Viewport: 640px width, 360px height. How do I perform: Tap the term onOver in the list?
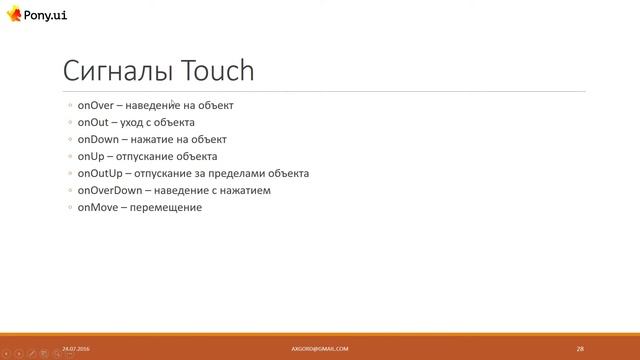(x=95, y=104)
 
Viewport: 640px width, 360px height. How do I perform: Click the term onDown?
(x=97, y=139)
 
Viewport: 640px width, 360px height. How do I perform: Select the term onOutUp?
(x=99, y=173)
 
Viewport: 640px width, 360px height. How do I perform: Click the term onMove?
(x=98, y=207)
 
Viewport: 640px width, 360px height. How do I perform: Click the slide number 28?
(x=580, y=348)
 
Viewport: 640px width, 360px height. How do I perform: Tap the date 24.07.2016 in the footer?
(x=75, y=348)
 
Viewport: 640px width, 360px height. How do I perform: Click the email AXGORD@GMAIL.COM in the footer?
(x=320, y=348)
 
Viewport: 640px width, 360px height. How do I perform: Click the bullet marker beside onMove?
(x=69, y=208)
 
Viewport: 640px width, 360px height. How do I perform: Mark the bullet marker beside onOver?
(x=69, y=105)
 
